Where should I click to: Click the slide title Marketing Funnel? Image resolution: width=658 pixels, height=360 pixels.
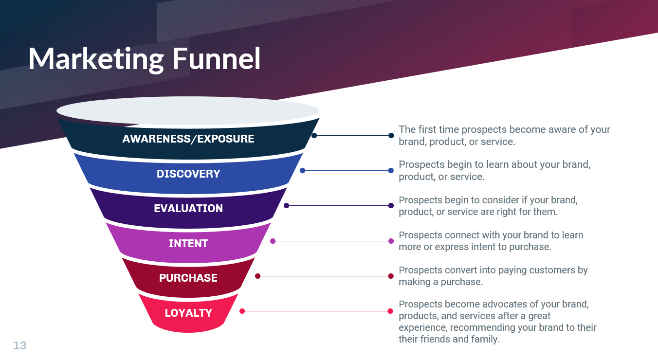coord(144,59)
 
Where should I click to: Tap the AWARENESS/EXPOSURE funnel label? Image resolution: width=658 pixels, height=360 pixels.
coord(188,139)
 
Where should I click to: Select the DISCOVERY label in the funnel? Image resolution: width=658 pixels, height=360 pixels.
coord(188,174)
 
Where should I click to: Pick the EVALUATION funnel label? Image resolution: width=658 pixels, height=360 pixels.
coord(188,208)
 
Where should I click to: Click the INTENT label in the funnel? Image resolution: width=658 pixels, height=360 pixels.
coord(188,243)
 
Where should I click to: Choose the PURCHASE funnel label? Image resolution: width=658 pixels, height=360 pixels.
coord(188,278)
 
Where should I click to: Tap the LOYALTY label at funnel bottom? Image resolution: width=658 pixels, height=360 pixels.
coord(188,313)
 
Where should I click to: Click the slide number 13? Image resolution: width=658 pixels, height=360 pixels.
coord(20,345)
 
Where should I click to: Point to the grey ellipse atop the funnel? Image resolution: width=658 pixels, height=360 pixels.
coord(188,110)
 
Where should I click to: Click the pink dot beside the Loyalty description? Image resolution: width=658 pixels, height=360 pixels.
coord(390,311)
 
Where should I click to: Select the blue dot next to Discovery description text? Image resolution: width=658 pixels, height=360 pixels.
coord(391,171)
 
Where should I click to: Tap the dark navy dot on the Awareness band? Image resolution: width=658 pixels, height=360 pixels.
coord(314,135)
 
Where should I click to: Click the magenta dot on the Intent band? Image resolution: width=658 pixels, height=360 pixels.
coord(273,241)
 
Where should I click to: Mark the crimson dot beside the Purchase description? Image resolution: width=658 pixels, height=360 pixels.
coord(391,276)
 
